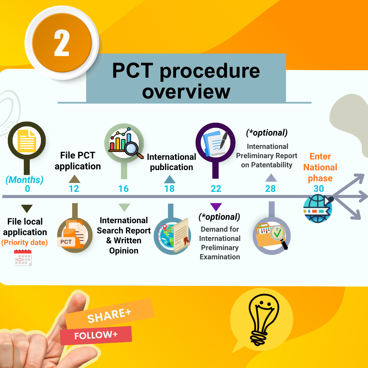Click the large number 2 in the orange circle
tap(62, 43)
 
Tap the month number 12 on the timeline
tap(74, 188)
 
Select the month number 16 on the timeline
tap(123, 188)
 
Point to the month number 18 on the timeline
tap(169, 188)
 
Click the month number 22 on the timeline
tap(216, 188)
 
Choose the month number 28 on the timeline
tap(270, 188)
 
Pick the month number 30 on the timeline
tap(319, 188)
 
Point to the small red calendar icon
tap(23, 257)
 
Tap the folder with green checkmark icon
tap(272, 235)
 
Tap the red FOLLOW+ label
tap(96, 335)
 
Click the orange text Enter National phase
tap(320, 167)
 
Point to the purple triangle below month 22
tap(216, 207)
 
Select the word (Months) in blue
tap(24, 180)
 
